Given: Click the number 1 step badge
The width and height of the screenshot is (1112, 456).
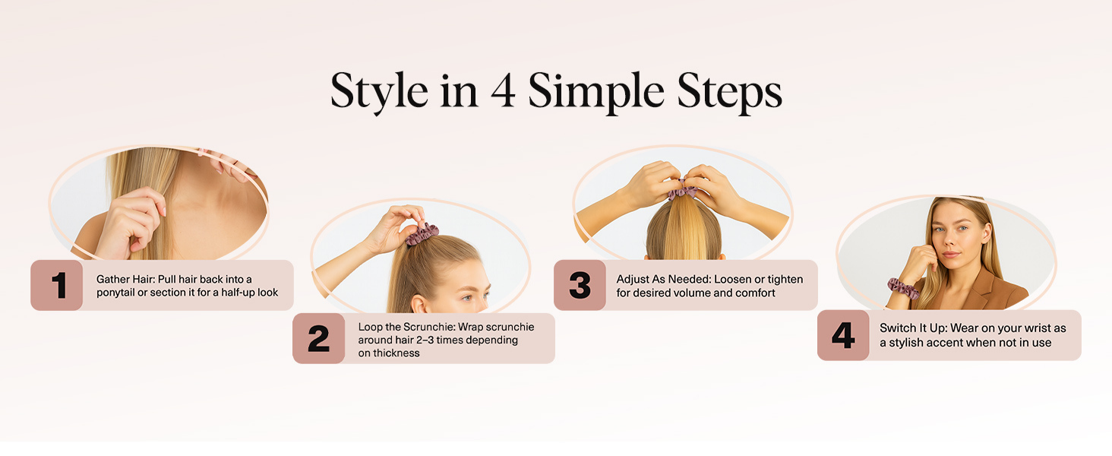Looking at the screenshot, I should click(57, 286).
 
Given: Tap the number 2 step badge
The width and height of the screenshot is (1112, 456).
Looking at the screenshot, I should click(319, 339).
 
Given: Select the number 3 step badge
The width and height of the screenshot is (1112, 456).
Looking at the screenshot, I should click(580, 286).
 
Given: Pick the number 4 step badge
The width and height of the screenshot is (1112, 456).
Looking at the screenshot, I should click(843, 335).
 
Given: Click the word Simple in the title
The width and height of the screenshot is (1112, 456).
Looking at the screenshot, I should click(595, 93).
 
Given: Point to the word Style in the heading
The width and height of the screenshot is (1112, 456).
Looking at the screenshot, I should click(378, 93).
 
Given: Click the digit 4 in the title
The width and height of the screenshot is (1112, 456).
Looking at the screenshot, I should click(504, 93).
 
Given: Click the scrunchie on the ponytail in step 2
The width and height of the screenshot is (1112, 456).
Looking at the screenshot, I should click(422, 235).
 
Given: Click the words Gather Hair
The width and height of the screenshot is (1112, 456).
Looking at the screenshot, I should click(125, 280).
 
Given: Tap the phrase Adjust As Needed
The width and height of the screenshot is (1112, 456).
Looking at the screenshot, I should click(662, 280).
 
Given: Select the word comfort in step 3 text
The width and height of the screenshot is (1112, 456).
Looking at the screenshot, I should click(755, 293).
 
